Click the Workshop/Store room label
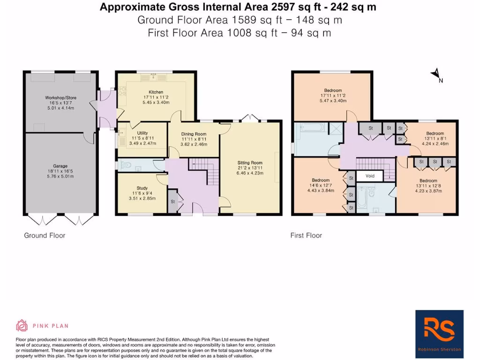60,98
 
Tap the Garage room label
60,166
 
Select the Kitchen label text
156,92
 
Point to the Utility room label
142,133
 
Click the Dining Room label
194,134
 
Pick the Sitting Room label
250,163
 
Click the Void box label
370,176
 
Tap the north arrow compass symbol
436,75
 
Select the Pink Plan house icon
22,325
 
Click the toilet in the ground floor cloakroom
127,165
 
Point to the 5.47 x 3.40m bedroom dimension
333,101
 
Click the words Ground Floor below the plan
45,235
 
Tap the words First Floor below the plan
306,235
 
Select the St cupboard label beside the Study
172,202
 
